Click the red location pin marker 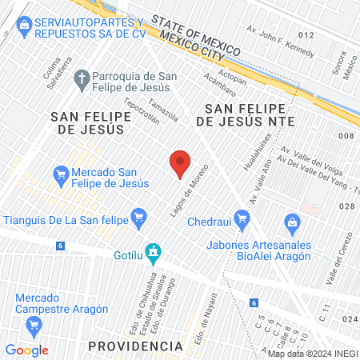[181, 164]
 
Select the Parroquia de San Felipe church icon [80, 78]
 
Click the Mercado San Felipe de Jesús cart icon [61, 173]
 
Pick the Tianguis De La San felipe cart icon [140, 214]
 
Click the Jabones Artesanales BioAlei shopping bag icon [291, 221]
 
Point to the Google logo [27, 350]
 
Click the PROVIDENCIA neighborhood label [135, 346]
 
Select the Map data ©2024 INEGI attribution [313, 354]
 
